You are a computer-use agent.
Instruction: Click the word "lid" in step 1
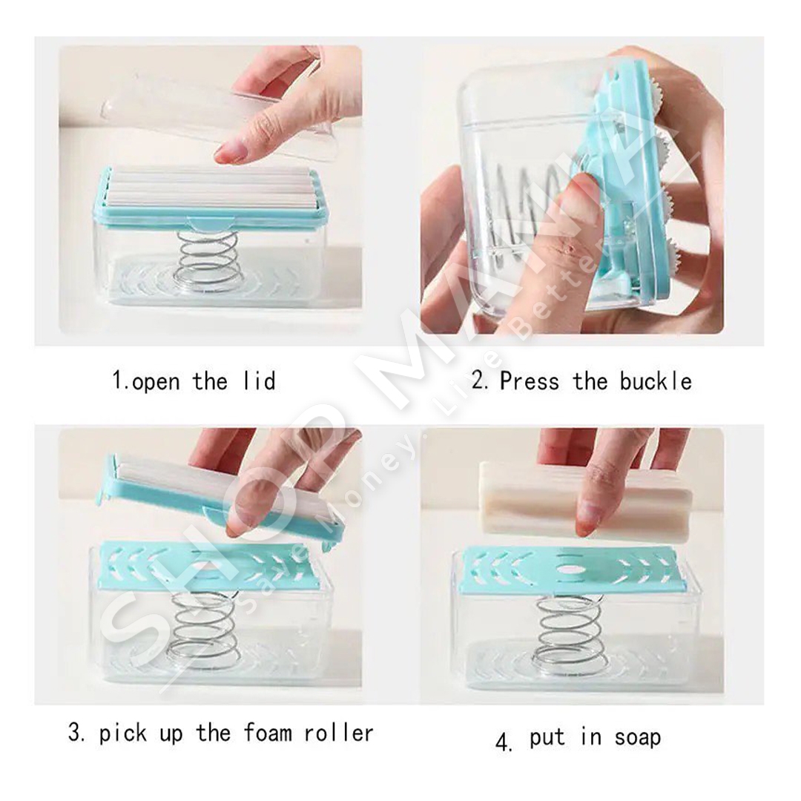click(260, 381)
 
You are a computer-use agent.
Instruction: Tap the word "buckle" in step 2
click(656, 381)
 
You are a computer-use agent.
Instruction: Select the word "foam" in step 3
click(268, 733)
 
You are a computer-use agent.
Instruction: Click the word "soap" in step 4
click(638, 737)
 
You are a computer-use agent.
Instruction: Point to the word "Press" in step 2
click(530, 381)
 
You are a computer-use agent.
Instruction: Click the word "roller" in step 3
click(339, 733)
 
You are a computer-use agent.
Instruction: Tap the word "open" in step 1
click(156, 382)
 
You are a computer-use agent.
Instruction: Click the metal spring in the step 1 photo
click(208, 260)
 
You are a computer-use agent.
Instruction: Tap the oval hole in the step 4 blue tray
click(569, 568)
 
